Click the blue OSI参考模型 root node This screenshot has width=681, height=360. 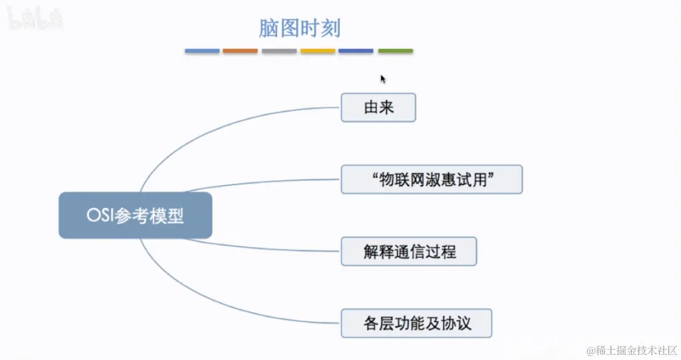tap(136, 215)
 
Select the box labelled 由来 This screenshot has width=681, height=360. tap(378, 107)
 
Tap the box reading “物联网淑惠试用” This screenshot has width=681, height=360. tap(432, 179)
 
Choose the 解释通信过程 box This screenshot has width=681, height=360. tap(409, 251)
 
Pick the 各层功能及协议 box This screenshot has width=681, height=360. tap(416, 323)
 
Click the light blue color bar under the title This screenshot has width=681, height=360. tap(202, 51)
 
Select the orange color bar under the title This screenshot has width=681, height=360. tap(240, 51)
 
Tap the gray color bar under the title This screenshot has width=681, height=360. tap(279, 51)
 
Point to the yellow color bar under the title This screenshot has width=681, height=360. tap(318, 51)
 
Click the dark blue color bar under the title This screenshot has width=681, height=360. tap(356, 51)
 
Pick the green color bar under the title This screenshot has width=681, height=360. tap(395, 51)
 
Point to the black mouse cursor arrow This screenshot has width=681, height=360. tap(383, 79)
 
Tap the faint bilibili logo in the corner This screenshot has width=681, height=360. tap(34, 21)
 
